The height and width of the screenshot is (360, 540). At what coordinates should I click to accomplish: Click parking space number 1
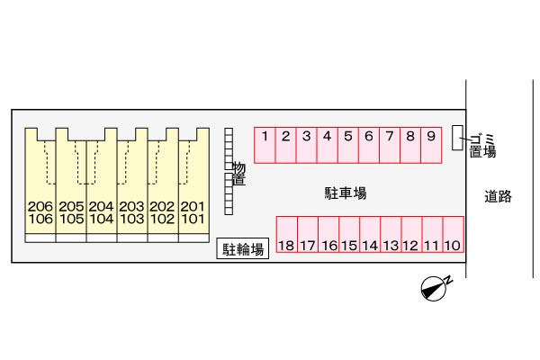265,144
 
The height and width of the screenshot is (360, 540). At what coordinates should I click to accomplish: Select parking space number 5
348,144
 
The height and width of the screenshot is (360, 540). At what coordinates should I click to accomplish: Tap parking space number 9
431,144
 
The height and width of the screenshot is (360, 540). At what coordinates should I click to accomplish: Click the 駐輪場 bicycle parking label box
244,249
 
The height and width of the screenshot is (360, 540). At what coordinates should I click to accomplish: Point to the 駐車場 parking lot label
346,193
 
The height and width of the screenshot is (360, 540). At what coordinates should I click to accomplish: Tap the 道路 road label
498,196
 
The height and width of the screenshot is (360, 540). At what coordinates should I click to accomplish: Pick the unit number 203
132,206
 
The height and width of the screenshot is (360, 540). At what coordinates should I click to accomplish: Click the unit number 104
102,219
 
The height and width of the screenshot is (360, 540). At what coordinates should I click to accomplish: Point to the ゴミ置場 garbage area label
481,145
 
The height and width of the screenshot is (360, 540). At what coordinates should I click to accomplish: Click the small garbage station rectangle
457,137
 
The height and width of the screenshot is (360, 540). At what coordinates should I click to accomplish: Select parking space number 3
307,144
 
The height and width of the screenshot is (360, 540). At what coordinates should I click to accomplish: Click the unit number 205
71,206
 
